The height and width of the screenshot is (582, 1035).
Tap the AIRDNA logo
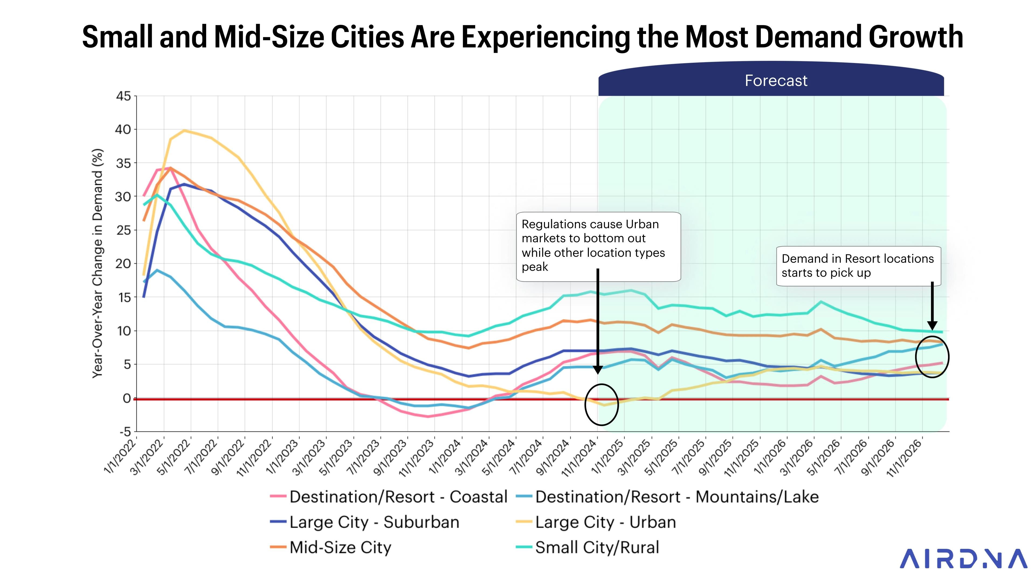[963, 559]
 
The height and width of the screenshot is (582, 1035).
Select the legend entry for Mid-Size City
[340, 548]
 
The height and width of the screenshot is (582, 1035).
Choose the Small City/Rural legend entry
[597, 548]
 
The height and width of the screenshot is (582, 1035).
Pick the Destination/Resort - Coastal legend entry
[398, 497]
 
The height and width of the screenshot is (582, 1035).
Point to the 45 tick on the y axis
[123, 96]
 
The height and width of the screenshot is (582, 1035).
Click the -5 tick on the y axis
[125, 432]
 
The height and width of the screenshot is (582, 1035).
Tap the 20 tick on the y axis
[123, 264]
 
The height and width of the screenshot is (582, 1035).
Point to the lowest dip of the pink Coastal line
[428, 417]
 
